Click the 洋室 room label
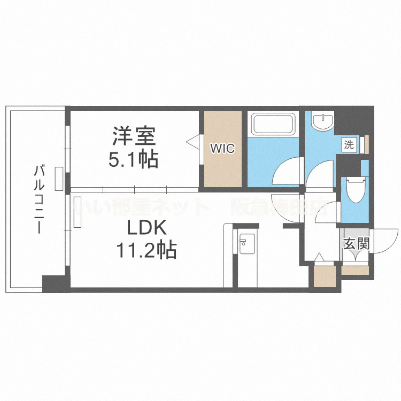tap(134, 136)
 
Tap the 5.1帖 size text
tap(134, 159)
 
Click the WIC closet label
tap(222, 149)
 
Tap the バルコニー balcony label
tap(38, 199)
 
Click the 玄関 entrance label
tap(356, 244)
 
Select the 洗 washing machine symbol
tap(349, 144)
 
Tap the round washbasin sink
tap(323, 121)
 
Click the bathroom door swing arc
tap(286, 174)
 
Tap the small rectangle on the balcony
tap(58, 179)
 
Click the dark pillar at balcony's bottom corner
tap(54, 283)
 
